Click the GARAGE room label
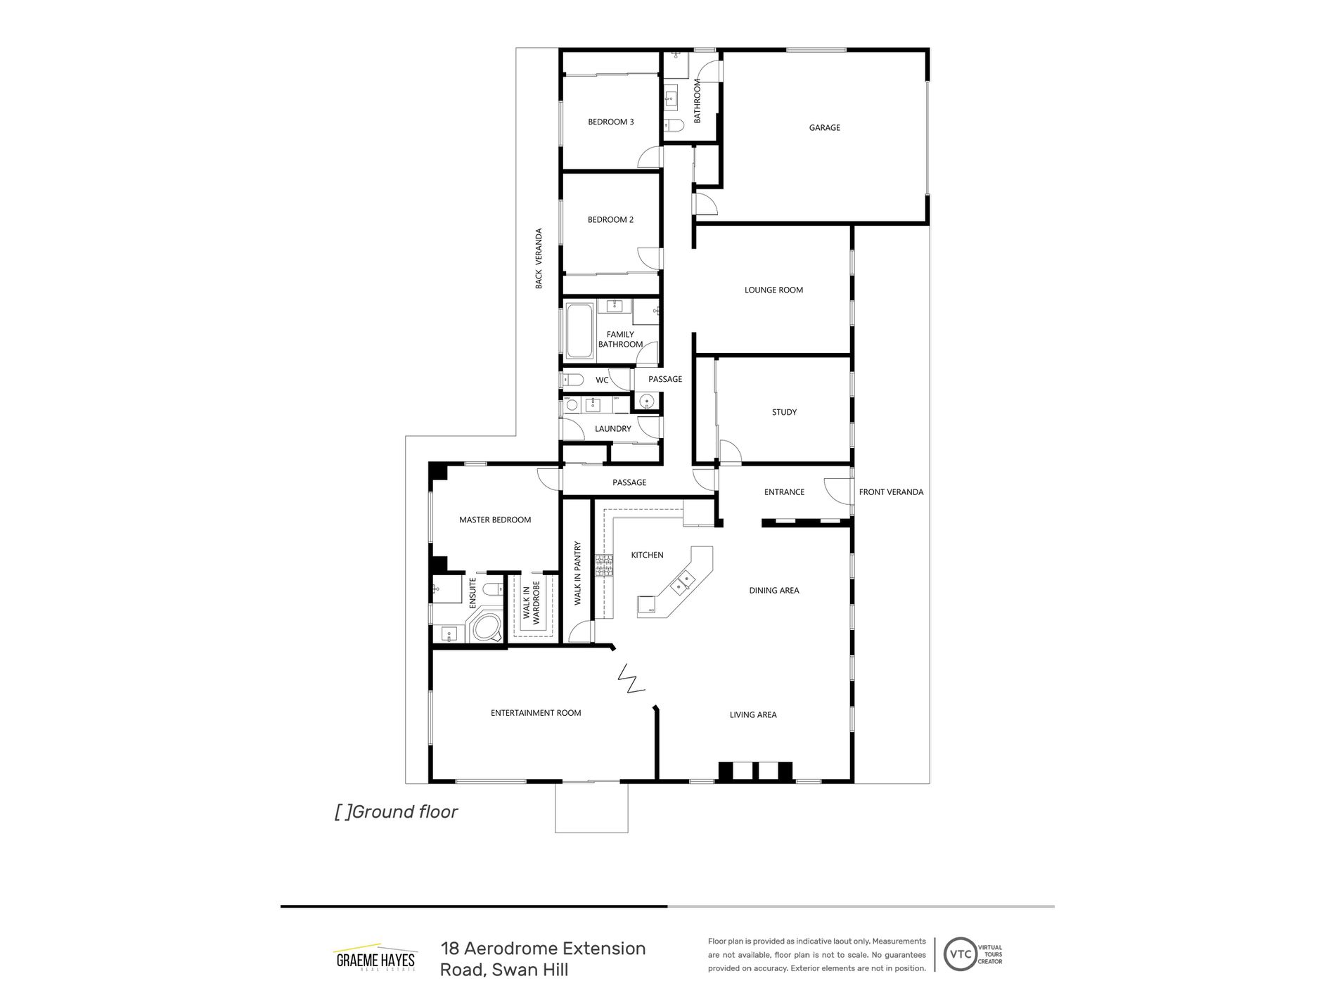(824, 128)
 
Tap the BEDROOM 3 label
(610, 122)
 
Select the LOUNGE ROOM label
(773, 290)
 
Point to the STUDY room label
(784, 412)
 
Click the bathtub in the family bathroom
(579, 331)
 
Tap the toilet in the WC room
(572, 380)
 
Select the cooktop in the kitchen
(604, 566)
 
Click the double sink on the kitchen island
(682, 582)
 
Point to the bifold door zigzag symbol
(631, 679)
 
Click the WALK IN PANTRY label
(577, 573)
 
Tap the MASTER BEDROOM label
(495, 520)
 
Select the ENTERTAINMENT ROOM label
(536, 713)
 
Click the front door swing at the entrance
(836, 491)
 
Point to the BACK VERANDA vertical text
(539, 258)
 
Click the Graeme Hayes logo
(375, 960)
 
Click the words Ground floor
(404, 812)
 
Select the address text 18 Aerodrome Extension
(543, 949)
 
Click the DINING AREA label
(773, 591)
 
